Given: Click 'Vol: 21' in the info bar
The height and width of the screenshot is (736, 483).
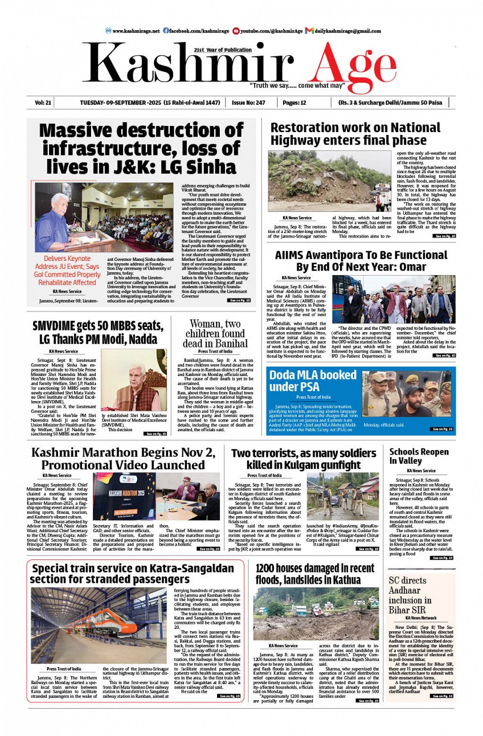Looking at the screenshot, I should point(43,103).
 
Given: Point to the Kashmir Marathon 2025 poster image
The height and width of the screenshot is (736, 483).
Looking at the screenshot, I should point(124,496).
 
